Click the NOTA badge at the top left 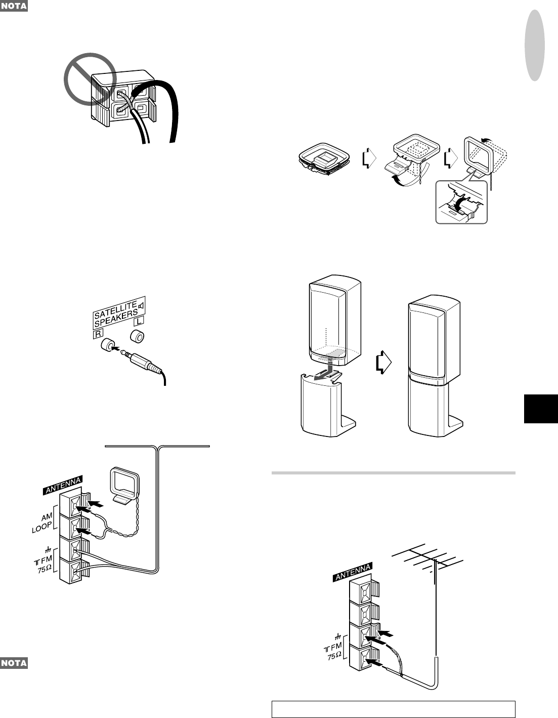coord(14,7)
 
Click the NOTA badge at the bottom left coord(14,663)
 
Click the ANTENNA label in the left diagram coord(62,485)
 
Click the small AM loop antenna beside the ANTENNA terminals coord(124,485)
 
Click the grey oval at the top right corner coord(535,46)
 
